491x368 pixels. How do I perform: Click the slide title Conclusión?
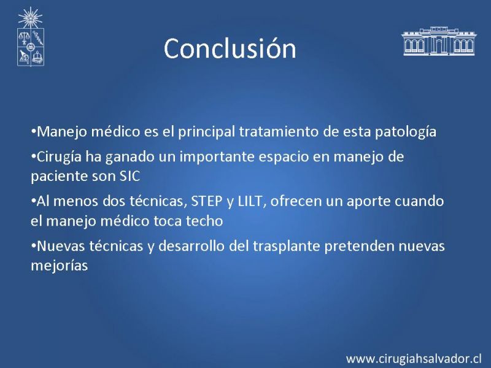tap(230, 48)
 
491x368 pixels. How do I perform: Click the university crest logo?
tap(30, 37)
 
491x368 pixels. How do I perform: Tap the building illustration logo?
tap(439, 41)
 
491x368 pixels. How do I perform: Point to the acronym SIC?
tap(130, 176)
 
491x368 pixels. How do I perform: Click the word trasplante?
tap(286, 247)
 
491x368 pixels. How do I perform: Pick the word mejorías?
tap(59, 266)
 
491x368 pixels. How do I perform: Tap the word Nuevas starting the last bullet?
tap(61, 246)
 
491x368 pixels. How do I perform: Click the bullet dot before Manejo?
tap(33, 131)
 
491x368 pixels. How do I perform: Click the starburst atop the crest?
tap(30, 18)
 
